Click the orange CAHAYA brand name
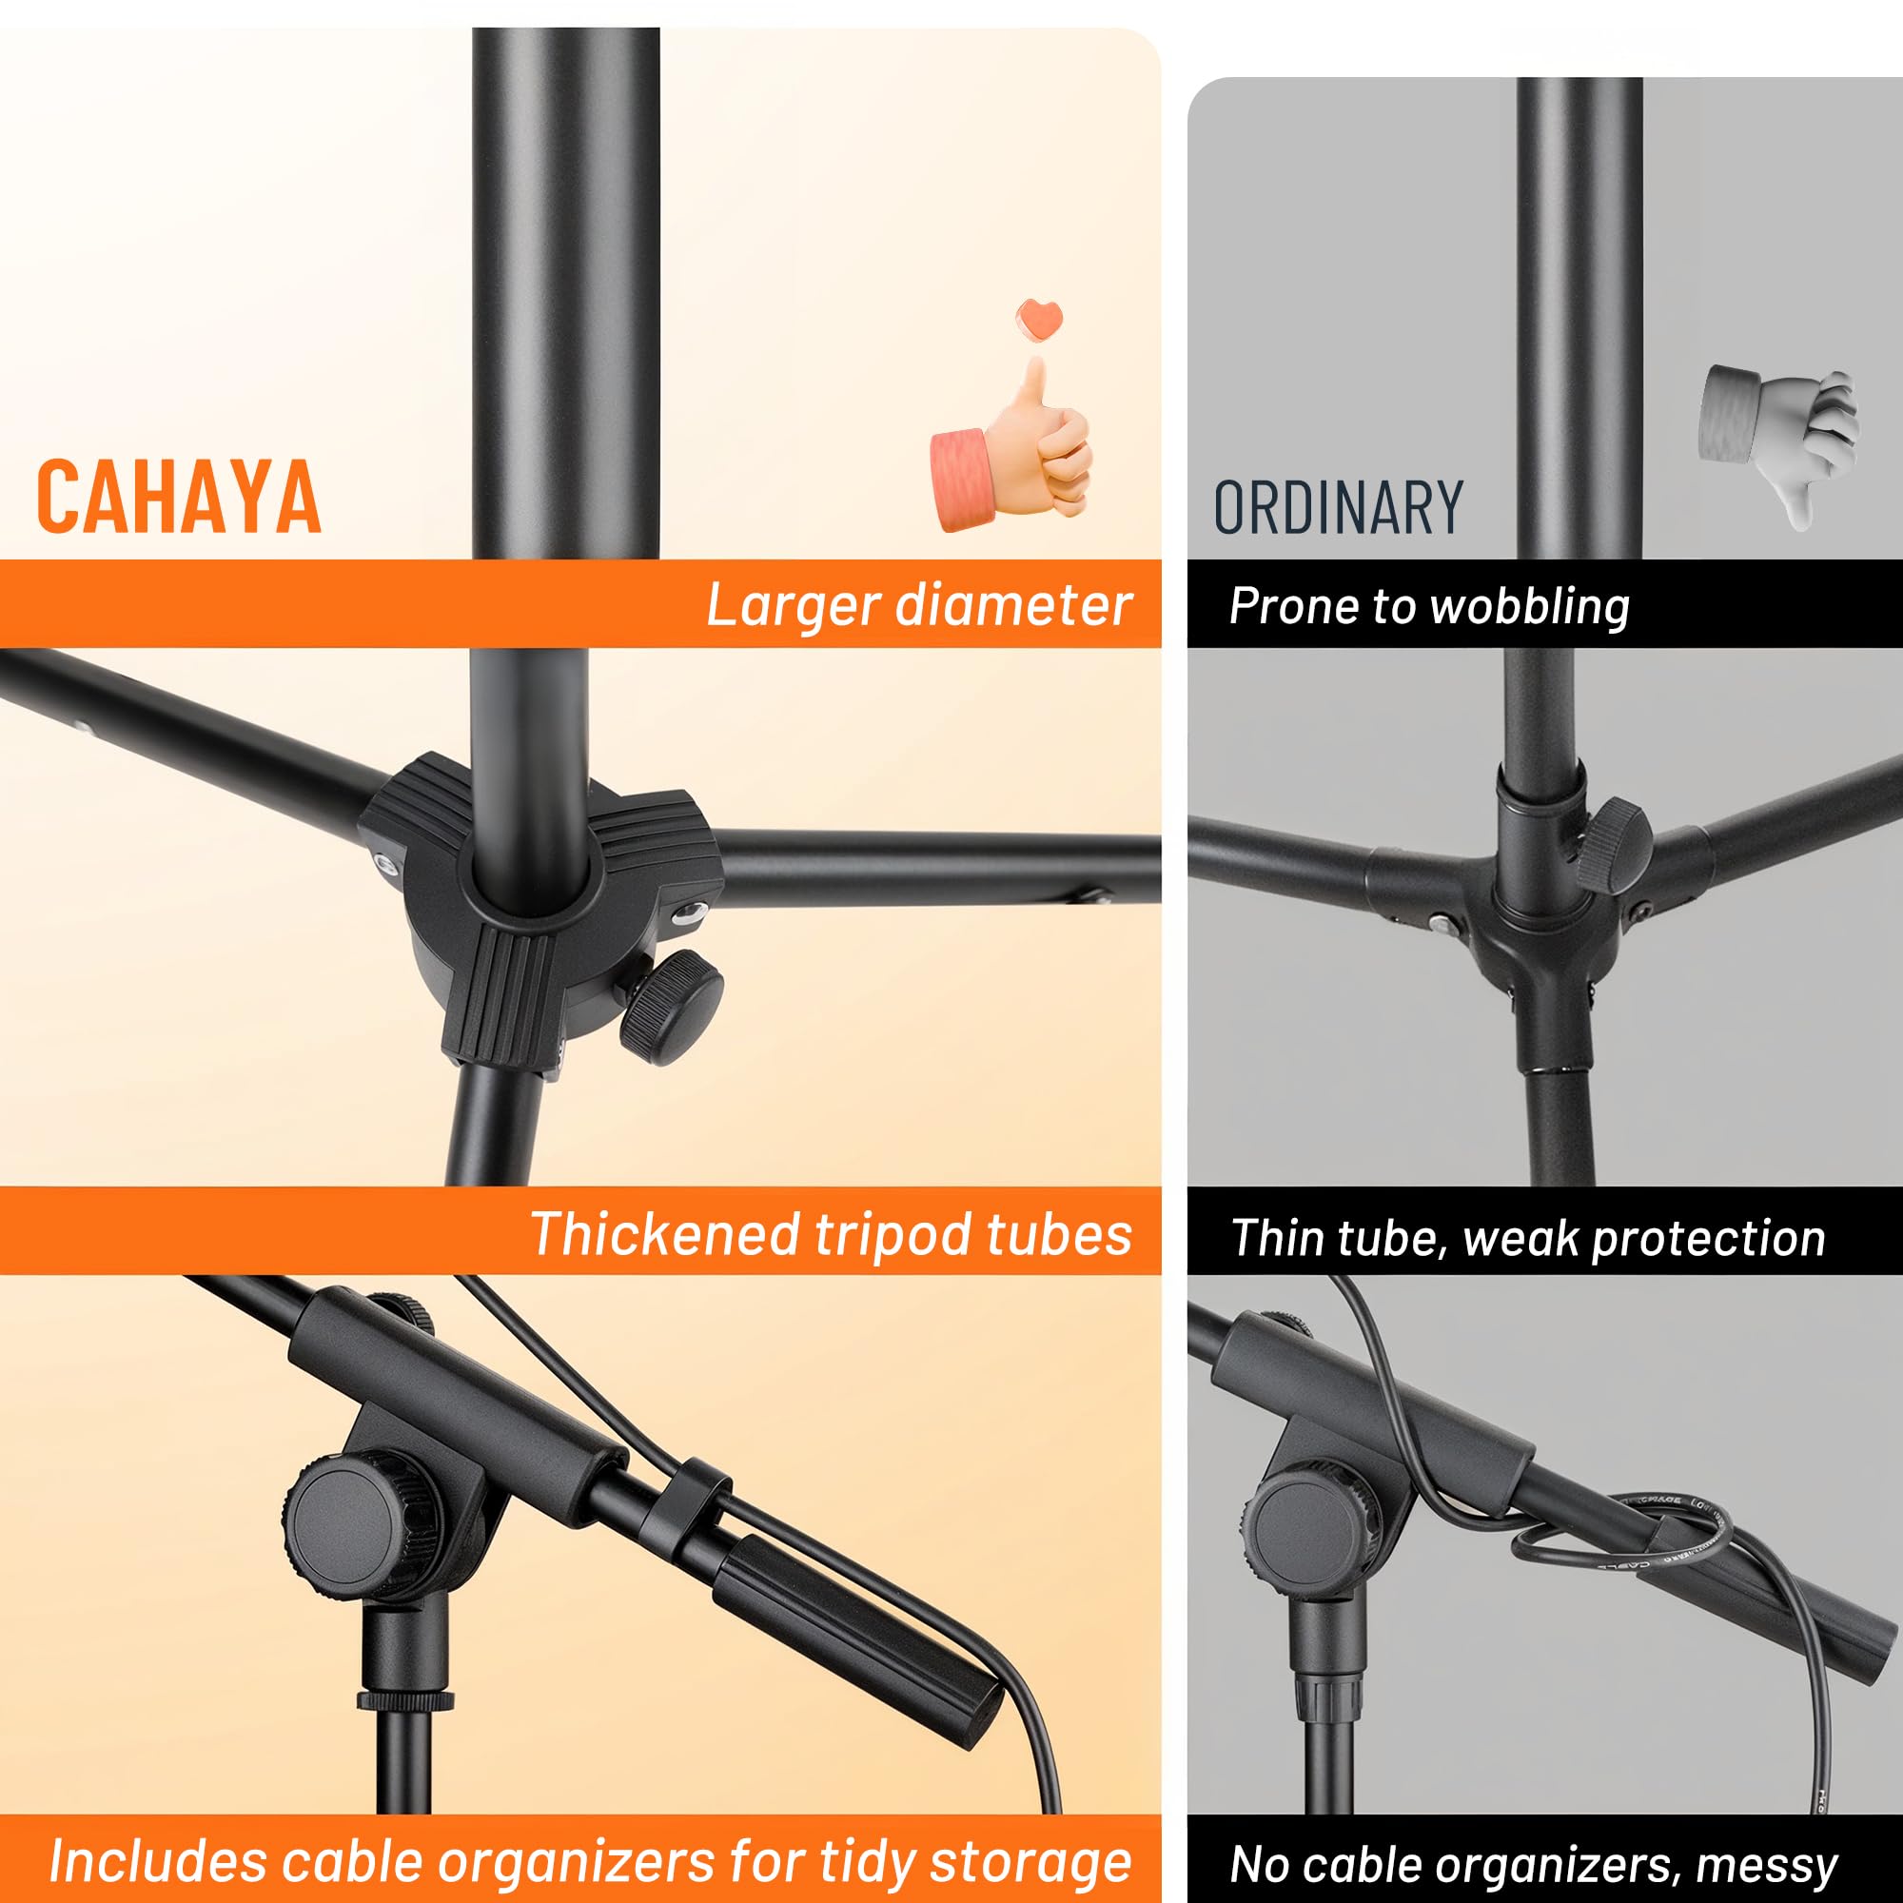coord(178,498)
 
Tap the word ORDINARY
coord(1338,508)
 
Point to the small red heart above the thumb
coord(1039,317)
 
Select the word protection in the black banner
coord(1708,1237)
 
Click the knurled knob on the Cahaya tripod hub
coord(672,1006)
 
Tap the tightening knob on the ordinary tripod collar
coord(1611,843)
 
